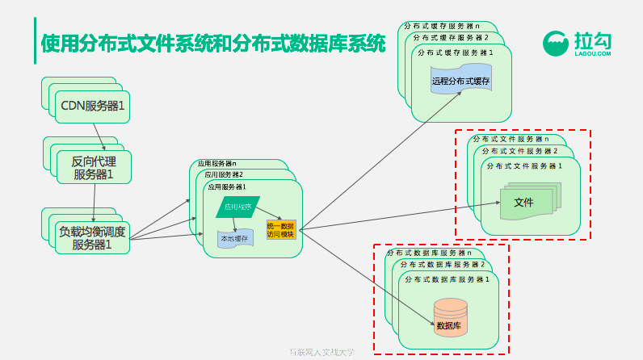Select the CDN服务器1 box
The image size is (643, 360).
coord(92,105)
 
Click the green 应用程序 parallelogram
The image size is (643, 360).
coord(237,207)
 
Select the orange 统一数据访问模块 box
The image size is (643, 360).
coord(281,229)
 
